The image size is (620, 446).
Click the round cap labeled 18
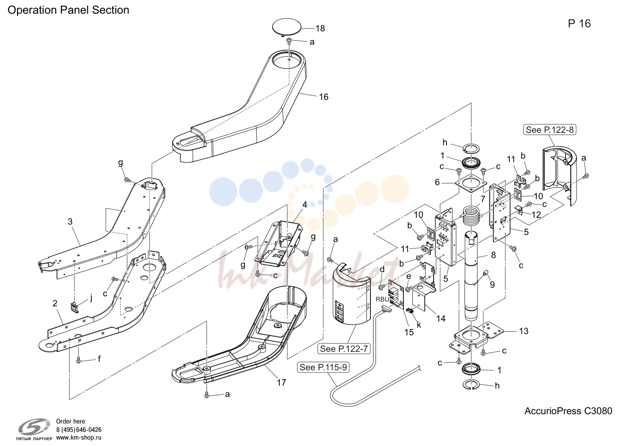coord(287,27)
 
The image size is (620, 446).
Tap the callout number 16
coord(324,97)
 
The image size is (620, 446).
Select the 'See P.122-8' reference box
coord(550,130)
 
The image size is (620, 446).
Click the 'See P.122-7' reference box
coord(344,348)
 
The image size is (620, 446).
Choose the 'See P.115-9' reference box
coord(323,367)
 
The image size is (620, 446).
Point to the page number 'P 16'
coord(579,24)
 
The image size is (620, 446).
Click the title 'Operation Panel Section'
coord(68,10)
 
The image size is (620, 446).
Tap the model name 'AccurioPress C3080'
coord(568,411)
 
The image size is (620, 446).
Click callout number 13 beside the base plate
coord(523,331)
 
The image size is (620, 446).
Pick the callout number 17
coord(281,383)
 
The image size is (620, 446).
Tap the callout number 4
coord(304,205)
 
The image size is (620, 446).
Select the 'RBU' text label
coord(382,299)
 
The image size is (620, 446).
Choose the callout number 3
coord(70,221)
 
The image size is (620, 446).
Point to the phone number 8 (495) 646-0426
coord(79,429)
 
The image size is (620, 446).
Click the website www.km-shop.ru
coord(79,438)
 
